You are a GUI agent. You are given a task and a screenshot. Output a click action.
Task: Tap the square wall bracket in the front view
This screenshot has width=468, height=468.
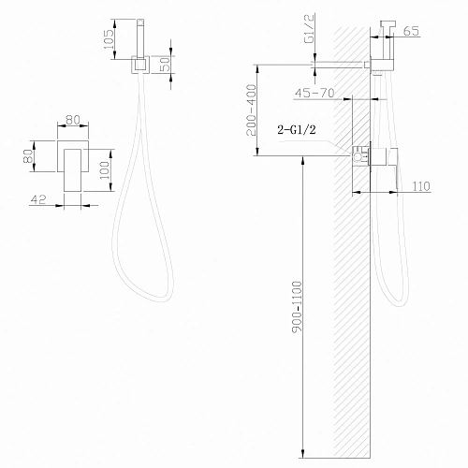pyautogui.click(x=139, y=66)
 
